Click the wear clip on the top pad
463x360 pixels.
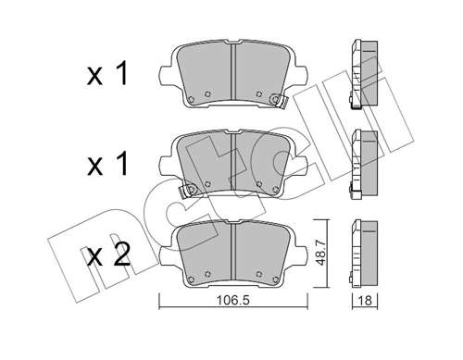273,97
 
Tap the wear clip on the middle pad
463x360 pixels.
189,190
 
